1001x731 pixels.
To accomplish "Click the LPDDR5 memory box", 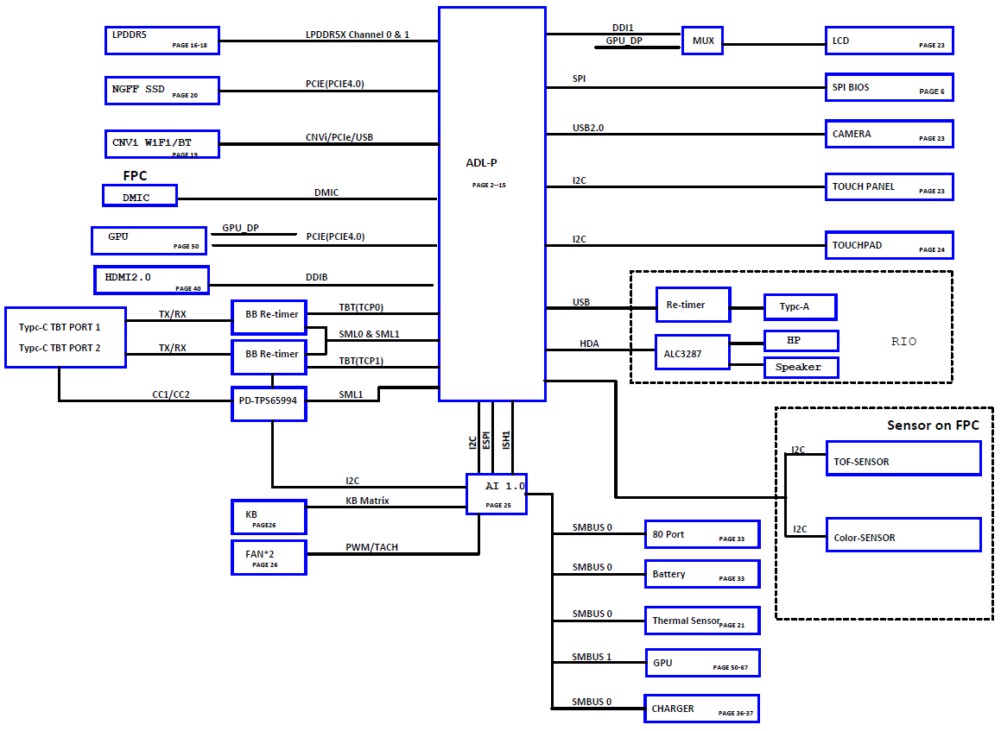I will tap(161, 40).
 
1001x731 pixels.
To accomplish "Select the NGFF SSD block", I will tap(161, 91).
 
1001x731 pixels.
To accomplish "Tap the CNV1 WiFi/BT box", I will tap(161, 144).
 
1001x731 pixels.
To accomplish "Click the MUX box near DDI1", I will tap(703, 41).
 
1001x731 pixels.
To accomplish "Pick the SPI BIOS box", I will tap(889, 87).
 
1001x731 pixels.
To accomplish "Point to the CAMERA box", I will tap(889, 134).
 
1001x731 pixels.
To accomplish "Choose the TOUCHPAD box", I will tap(889, 245).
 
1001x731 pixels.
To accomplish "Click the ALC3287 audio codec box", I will tap(692, 352).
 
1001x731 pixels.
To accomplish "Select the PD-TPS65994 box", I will tap(269, 403).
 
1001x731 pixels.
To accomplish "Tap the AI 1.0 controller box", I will tap(496, 494).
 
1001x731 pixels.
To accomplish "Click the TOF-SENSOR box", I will tap(903, 458).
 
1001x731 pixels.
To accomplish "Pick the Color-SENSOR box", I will tap(903, 535).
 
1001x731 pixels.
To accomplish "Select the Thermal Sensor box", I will tap(701, 621).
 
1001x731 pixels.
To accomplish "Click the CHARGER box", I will tap(700, 709).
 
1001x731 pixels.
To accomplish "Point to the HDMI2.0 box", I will tap(151, 280).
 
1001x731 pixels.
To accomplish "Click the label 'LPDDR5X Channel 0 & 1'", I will tap(358, 35).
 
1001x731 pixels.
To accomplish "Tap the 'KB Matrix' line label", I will tap(367, 501).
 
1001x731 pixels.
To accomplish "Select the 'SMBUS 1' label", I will tap(592, 657).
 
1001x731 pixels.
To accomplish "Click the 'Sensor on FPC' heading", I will tap(933, 425).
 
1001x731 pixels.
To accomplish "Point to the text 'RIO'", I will tap(903, 342).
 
